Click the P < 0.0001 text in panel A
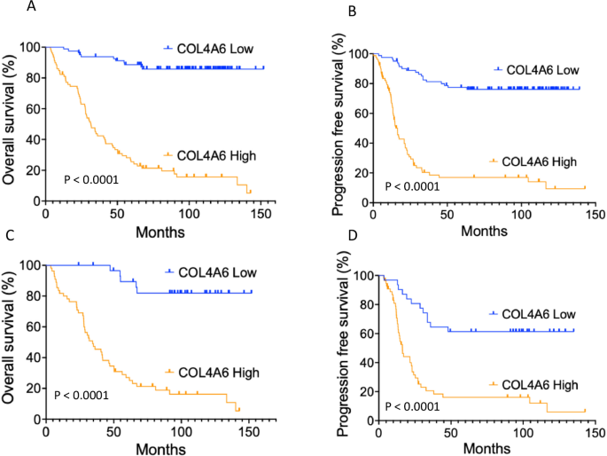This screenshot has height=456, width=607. (92, 180)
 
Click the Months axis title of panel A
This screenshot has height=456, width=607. (160, 232)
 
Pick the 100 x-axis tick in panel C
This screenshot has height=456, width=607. (180, 431)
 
